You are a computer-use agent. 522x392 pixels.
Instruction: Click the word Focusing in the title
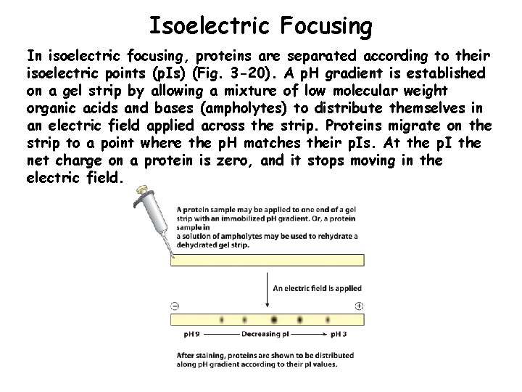(x=326, y=26)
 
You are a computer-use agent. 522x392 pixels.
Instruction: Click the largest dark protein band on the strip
(x=274, y=319)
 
